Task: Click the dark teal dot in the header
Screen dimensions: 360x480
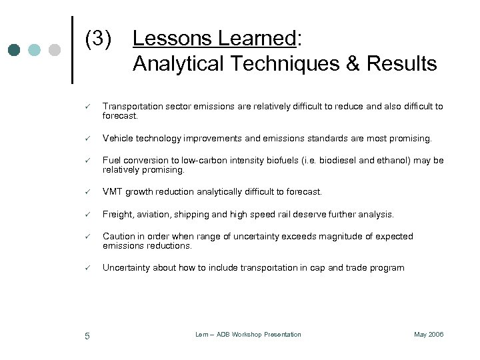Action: tap(14, 50)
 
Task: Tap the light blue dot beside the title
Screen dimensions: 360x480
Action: tap(35, 50)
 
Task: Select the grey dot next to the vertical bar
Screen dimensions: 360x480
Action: tap(55, 50)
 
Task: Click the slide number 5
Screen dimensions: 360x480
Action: tap(87, 335)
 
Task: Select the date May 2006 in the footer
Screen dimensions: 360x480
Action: tap(429, 335)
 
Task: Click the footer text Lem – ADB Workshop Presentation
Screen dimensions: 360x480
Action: tap(248, 335)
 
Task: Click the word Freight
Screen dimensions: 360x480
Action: tap(118, 215)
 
